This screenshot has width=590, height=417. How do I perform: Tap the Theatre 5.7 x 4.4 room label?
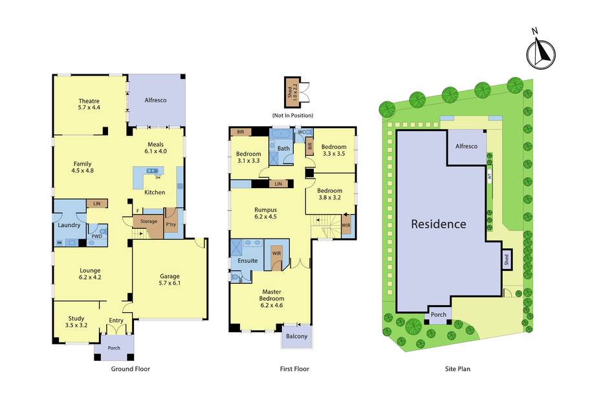pyautogui.click(x=89, y=104)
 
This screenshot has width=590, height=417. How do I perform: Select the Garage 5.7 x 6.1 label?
pyautogui.click(x=169, y=279)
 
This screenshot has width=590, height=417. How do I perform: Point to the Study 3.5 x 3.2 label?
pyautogui.click(x=76, y=322)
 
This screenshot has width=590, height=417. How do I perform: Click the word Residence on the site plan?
pyautogui.click(x=439, y=224)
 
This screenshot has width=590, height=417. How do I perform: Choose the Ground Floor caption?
pyautogui.click(x=130, y=369)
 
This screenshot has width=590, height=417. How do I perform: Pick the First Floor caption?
pyautogui.click(x=294, y=369)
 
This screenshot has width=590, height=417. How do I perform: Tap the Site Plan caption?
pyautogui.click(x=457, y=369)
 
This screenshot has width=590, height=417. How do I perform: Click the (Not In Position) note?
pyautogui.click(x=292, y=116)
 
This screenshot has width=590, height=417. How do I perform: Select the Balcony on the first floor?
pyautogui.click(x=297, y=336)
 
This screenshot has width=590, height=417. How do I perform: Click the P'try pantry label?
pyautogui.click(x=171, y=224)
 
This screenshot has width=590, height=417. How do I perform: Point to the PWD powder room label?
pyautogui.click(x=96, y=237)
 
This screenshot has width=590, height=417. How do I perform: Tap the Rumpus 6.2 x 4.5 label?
pyautogui.click(x=266, y=213)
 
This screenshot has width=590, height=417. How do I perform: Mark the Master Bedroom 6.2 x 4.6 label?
pyautogui.click(x=272, y=299)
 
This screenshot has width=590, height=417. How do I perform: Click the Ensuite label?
pyautogui.click(x=248, y=261)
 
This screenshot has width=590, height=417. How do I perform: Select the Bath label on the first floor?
pyautogui.click(x=284, y=149)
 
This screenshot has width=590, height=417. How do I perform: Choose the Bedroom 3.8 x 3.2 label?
pyautogui.click(x=330, y=194)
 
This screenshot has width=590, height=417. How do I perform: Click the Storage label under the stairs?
pyautogui.click(x=149, y=222)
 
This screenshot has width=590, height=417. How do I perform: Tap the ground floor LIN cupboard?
pyautogui.click(x=97, y=204)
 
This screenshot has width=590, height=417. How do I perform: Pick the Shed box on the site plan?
pyautogui.click(x=507, y=259)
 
